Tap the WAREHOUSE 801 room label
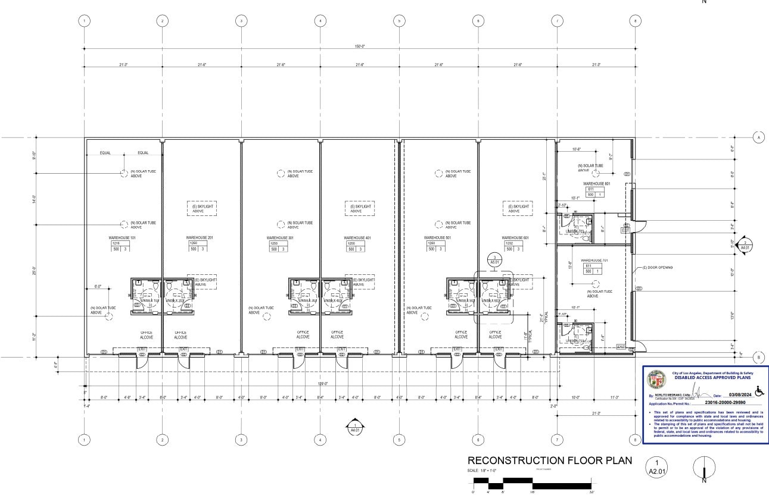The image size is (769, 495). point(597,184)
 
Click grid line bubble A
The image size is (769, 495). point(759,137)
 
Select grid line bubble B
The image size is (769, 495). point(759,358)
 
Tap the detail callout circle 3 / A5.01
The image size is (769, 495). point(494,259)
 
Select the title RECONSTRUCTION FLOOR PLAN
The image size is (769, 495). point(549,461)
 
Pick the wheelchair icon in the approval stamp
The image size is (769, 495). point(759,391)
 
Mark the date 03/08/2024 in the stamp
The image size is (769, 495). point(737,395)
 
